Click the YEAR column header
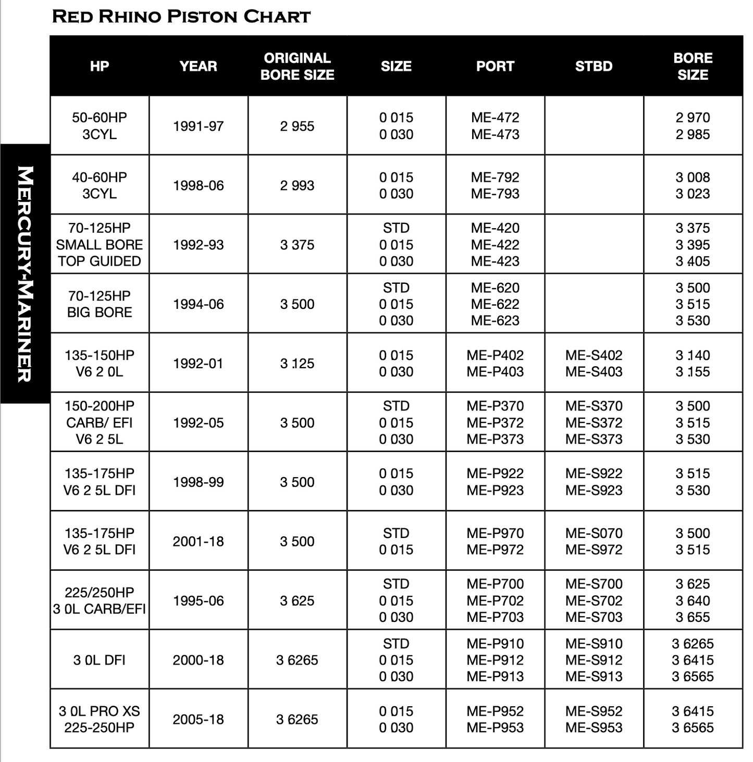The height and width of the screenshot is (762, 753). [x=198, y=66]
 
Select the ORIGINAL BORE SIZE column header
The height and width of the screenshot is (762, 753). [x=297, y=66]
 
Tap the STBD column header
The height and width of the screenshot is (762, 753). [x=594, y=66]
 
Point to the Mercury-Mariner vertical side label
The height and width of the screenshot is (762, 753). [x=25, y=273]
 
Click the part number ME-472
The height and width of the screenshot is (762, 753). [x=495, y=118]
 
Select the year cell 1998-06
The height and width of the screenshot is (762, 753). [x=198, y=185]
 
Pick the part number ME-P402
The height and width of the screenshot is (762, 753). [x=495, y=355]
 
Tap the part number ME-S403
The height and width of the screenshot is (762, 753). [x=594, y=372]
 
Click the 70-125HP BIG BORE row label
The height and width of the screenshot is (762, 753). [x=99, y=304]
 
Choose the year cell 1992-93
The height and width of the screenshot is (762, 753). [x=198, y=245]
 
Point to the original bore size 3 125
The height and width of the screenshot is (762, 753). [x=297, y=364]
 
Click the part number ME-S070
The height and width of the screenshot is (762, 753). [x=594, y=533]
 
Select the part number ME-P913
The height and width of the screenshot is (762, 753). [x=495, y=677]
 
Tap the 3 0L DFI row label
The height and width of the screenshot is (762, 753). [x=99, y=660]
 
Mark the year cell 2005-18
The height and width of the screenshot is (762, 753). [x=198, y=720]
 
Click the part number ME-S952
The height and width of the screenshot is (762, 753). [x=594, y=711]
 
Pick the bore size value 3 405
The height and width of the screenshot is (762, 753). [x=693, y=261]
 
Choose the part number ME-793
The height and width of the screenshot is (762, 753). [x=495, y=194]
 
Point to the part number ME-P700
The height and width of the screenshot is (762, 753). [x=495, y=584]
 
